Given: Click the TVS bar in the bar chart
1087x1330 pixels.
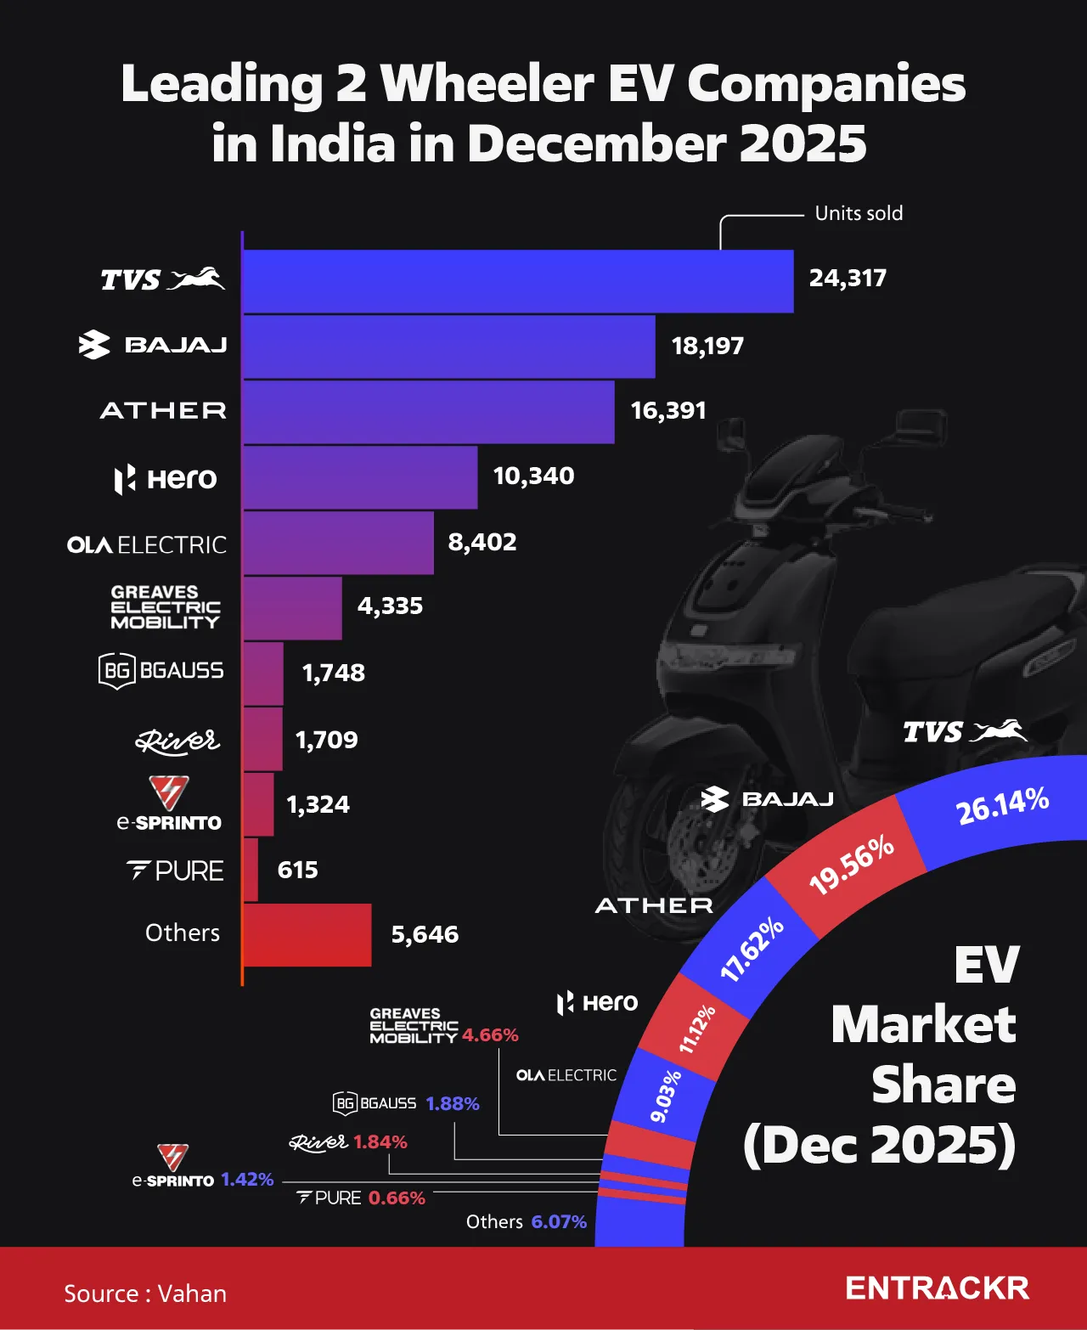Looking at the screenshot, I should (518, 281).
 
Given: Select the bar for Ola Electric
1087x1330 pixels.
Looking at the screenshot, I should (338, 543).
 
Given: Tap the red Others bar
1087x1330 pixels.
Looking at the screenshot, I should (307, 935).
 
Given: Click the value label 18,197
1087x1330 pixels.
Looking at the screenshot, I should (707, 347).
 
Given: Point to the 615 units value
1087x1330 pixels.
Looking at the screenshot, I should (297, 870).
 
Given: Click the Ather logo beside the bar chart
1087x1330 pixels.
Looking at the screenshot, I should (163, 411).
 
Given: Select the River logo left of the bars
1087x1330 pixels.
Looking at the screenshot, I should (177, 741).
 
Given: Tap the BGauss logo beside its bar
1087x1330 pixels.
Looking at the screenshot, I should (161, 671).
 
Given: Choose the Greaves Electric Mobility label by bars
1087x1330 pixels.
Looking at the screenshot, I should (165, 607).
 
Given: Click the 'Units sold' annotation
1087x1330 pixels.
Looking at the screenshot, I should (859, 213).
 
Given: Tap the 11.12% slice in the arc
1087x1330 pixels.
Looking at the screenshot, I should (696, 1028).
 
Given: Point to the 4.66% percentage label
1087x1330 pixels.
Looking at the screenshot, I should (490, 1035).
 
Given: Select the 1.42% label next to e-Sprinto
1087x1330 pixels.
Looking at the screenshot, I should (247, 1180).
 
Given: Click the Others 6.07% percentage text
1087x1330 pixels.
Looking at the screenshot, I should (559, 1222).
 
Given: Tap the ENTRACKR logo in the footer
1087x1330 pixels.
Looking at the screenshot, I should (937, 1288).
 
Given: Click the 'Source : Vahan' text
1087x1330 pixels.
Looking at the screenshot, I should (145, 1293).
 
